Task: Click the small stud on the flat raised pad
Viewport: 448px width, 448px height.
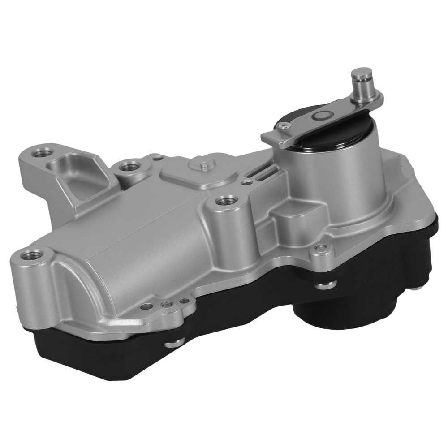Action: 203,166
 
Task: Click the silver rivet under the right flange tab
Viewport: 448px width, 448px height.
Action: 320,284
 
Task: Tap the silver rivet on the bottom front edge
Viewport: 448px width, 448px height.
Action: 171,345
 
